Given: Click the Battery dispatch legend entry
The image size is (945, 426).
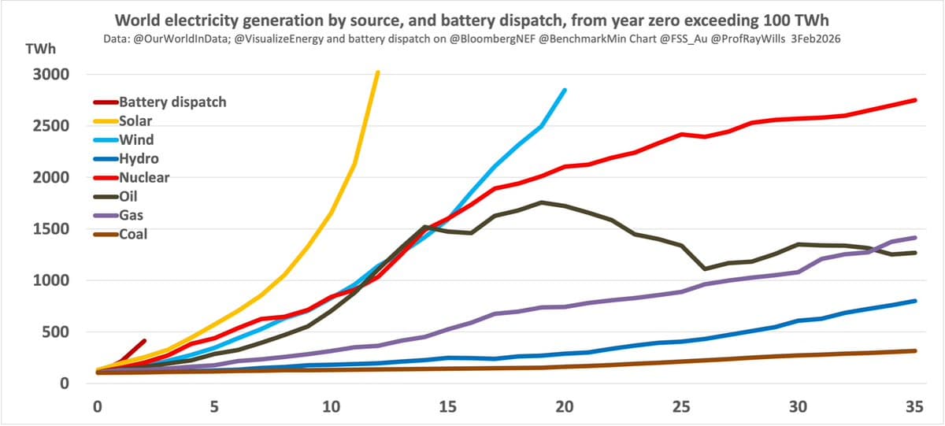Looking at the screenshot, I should point(172,102).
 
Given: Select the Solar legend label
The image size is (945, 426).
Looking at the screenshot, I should point(135,120).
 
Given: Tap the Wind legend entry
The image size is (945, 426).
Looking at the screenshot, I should point(135,139).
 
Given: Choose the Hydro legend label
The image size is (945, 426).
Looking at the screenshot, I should point(139,158).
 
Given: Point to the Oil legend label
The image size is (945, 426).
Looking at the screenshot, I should point(128,196).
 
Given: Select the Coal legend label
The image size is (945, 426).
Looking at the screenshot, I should point(132,234).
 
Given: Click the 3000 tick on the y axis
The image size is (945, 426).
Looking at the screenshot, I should point(50,75).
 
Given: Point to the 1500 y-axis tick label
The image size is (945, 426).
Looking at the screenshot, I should point(50,229).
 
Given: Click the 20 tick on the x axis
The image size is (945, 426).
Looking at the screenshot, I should point(564,407).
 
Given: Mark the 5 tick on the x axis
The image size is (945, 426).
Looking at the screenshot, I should point(213,407).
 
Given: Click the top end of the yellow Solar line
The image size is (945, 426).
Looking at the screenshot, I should point(378,72).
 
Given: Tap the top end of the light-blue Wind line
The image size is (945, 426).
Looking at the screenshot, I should point(565,90).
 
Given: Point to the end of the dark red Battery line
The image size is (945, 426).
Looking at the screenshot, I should point(144,341).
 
